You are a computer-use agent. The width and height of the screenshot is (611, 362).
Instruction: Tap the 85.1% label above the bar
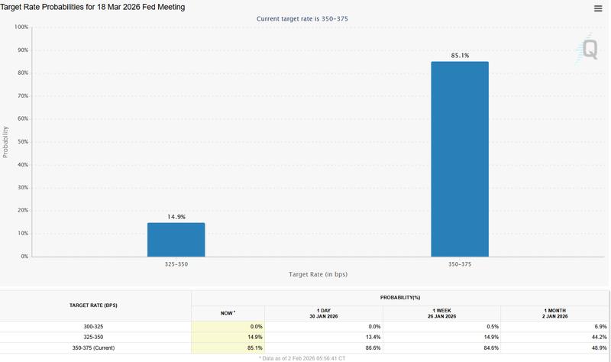(460, 55)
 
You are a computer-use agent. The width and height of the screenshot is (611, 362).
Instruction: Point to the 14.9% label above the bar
(176, 216)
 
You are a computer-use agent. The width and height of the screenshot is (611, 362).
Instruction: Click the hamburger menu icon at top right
(598, 8)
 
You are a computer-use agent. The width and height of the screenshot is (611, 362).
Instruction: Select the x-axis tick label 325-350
(176, 263)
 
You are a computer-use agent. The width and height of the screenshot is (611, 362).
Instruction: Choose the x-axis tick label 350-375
(460, 263)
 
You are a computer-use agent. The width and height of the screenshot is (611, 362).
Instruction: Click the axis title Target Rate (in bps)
(318, 274)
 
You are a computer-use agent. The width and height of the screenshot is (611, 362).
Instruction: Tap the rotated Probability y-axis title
(6, 142)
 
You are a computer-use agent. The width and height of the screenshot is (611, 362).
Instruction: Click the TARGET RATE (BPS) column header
(95, 305)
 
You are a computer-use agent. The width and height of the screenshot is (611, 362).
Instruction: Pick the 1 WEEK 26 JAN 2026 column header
(441, 313)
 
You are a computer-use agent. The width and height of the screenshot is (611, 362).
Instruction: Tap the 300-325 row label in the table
(95, 326)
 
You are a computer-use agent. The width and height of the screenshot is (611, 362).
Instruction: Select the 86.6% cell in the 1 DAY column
(370, 347)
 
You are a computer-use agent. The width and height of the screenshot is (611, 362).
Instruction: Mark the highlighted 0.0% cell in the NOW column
(252, 326)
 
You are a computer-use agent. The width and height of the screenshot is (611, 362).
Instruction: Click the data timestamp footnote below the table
(302, 357)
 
